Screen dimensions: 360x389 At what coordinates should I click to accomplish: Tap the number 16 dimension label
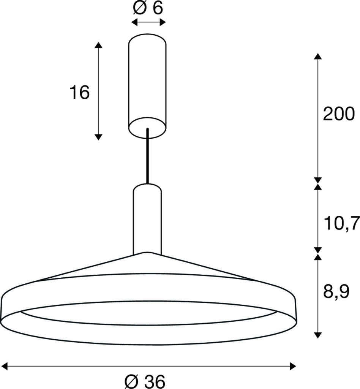click(x=79, y=92)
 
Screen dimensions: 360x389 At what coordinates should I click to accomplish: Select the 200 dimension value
click(x=339, y=114)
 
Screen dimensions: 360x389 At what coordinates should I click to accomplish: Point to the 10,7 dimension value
click(x=341, y=223)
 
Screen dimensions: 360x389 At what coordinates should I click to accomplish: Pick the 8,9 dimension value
click(x=336, y=292)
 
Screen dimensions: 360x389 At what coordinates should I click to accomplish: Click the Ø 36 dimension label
click(x=145, y=381)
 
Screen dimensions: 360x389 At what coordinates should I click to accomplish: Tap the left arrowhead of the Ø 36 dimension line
click(x=4, y=366)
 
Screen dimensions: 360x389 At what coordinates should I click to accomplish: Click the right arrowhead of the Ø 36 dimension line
click(x=293, y=366)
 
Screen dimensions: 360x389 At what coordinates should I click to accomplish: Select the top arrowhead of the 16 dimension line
click(x=98, y=45)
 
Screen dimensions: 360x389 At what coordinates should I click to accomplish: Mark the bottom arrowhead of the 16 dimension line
click(x=98, y=137)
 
